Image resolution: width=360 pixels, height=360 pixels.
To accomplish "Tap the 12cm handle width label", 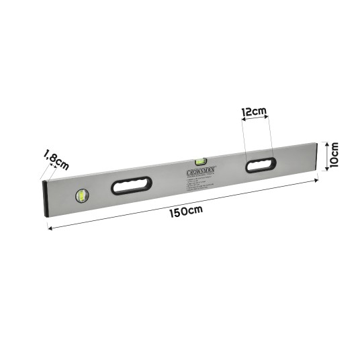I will pos(255,111).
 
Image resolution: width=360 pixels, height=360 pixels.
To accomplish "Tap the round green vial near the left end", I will pos(83,195).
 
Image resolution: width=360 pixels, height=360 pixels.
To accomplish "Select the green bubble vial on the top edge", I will pos(199,161).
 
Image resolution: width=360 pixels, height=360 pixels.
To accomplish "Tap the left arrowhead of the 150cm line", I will pos(48,227).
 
